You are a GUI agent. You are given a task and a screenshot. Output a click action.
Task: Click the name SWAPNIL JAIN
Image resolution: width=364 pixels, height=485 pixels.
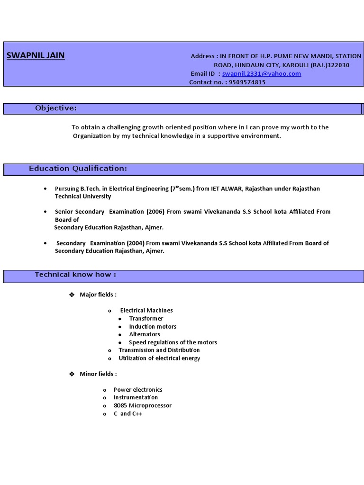click(x=36, y=56)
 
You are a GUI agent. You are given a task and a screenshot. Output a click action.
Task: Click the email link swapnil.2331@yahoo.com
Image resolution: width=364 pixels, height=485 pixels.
click(x=262, y=74)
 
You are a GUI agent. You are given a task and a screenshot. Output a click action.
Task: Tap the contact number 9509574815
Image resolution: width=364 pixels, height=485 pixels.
click(x=247, y=82)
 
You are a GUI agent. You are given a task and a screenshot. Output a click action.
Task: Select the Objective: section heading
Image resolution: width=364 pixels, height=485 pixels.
click(x=55, y=108)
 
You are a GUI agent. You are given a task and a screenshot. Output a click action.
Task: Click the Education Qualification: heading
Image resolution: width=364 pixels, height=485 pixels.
click(x=78, y=169)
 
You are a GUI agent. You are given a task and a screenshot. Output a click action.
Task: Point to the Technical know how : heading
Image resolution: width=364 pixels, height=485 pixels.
click(x=75, y=275)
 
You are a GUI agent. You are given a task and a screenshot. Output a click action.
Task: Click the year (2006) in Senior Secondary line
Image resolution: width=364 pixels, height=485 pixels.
click(x=158, y=212)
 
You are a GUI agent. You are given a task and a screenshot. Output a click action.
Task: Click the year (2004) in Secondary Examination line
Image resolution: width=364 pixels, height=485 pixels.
click(x=138, y=243)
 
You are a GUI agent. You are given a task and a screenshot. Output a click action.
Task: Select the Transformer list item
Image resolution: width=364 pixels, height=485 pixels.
click(x=146, y=319)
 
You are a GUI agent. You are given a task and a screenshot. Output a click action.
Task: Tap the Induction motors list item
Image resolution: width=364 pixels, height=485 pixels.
click(x=153, y=327)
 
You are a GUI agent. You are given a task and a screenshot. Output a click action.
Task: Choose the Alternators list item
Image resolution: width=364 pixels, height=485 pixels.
click(x=145, y=334)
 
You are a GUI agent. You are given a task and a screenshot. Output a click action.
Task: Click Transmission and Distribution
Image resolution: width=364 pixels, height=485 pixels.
click(x=159, y=350)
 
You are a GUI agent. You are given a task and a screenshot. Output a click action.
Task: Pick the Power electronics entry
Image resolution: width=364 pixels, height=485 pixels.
click(x=138, y=390)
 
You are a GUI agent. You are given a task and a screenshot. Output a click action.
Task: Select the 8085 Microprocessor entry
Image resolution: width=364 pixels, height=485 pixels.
click(x=143, y=406)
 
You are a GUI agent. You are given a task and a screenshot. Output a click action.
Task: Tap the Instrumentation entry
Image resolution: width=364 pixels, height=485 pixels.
click(x=136, y=398)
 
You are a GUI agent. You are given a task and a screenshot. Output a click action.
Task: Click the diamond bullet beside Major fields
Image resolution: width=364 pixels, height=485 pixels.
click(x=72, y=295)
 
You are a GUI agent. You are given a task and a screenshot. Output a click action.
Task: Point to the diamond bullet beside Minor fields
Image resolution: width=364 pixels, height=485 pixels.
click(x=72, y=374)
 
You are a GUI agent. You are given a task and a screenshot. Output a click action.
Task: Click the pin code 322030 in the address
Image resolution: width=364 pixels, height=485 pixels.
click(x=338, y=65)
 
